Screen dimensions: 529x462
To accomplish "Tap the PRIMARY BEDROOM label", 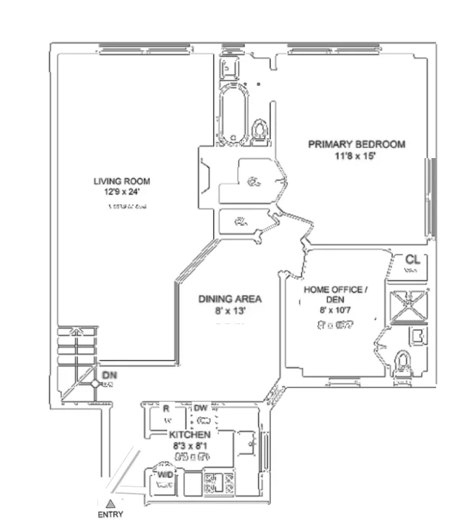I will (x=356, y=144).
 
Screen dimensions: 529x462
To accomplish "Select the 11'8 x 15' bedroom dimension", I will (x=356, y=156).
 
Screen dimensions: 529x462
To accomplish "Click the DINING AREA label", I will (x=230, y=299).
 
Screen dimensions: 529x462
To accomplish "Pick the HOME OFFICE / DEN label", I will (x=335, y=294).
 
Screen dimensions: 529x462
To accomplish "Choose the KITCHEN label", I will (x=190, y=435).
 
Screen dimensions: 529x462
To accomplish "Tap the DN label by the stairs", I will (x=109, y=375).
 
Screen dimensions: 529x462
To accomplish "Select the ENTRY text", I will (x=110, y=515).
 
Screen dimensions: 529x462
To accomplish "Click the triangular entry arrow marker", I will (x=110, y=503).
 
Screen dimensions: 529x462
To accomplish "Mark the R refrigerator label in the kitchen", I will (x=166, y=408).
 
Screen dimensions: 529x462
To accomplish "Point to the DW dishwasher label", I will (x=200, y=408).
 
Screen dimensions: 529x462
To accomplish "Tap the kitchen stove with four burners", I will (x=216, y=482).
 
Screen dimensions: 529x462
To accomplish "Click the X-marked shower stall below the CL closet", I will (x=407, y=303).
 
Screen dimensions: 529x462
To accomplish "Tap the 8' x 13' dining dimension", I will (x=230, y=311).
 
